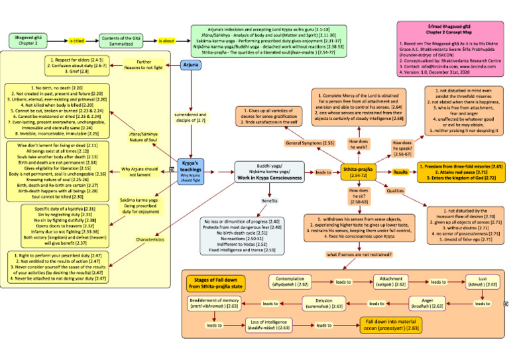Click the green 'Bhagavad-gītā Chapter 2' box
pos(28,41)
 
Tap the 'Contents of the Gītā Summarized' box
pos(121,41)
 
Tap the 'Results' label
pos(401,172)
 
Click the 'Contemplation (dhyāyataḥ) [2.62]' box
pos(294,282)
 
